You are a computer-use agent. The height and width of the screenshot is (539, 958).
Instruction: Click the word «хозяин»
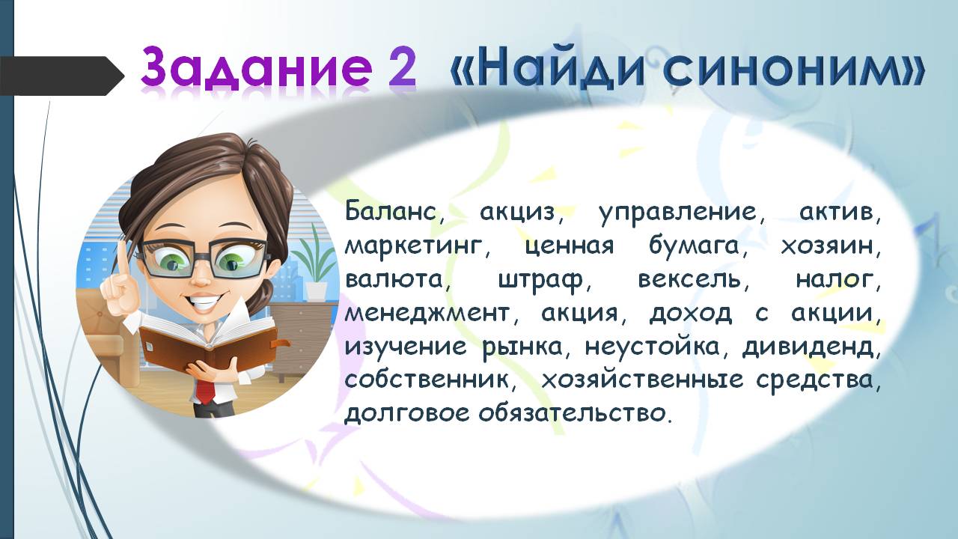(x=831, y=247)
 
